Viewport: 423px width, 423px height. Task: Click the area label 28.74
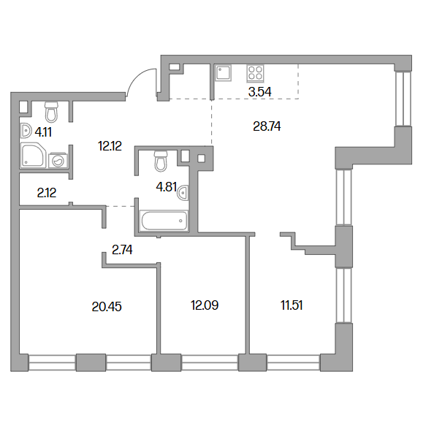click(267, 126)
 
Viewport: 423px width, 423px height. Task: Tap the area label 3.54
click(260, 92)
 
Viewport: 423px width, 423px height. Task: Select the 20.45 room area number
click(107, 307)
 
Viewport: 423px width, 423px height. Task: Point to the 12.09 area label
click(205, 305)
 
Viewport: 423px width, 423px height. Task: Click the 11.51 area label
click(291, 305)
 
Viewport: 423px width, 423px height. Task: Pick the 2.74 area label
click(122, 250)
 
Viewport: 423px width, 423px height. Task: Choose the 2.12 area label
click(47, 193)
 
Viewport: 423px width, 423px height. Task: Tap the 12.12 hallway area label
click(110, 146)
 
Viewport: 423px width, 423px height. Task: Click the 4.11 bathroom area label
click(43, 132)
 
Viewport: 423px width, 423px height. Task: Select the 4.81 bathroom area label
click(166, 187)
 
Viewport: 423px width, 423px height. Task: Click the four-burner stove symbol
click(255, 73)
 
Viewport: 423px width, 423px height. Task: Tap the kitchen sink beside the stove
click(223, 73)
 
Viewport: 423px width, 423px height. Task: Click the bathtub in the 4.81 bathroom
click(164, 221)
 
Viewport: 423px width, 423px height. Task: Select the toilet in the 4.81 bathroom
click(161, 161)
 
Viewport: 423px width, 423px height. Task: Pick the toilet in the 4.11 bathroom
click(51, 112)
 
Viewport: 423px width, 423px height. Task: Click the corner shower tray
click(32, 156)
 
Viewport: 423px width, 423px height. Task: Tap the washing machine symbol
click(58, 160)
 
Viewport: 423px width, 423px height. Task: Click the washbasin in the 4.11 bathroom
click(26, 131)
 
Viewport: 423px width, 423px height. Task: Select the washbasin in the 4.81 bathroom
click(183, 193)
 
